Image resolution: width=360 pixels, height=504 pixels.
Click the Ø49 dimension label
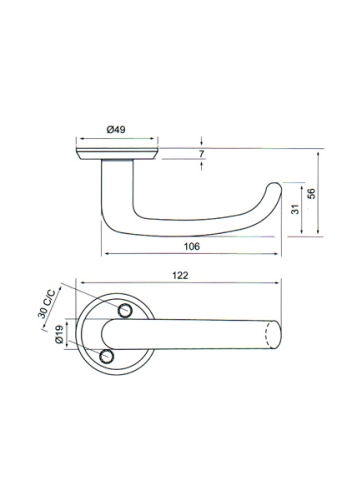coord(116,130)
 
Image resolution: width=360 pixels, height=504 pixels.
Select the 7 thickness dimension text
coord(201,154)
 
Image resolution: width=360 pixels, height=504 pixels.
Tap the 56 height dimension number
coord(311,194)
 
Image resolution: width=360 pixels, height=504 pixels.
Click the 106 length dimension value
coord(192,246)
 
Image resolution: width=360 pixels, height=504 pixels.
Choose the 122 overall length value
coord(180,275)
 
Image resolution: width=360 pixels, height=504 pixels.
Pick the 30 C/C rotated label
coord(47,303)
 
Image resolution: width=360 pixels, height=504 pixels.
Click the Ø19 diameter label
coord(60,334)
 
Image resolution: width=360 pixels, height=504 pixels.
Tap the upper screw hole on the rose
coord(125,311)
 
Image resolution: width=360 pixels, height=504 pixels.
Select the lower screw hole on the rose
coord(106,356)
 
